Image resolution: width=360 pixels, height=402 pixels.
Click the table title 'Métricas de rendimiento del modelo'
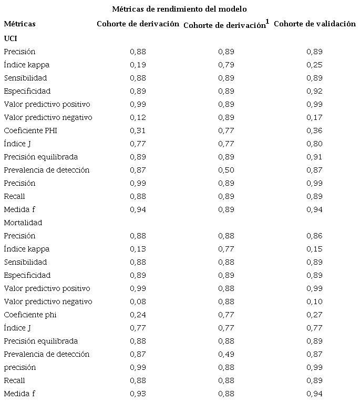coord(180,9)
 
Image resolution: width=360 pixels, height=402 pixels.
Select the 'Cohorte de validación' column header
coord(315,24)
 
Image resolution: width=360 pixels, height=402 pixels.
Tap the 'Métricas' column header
coord(20,24)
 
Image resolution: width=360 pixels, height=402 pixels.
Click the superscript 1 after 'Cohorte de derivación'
coord(268,22)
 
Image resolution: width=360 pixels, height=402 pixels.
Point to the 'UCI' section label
coord(11,38)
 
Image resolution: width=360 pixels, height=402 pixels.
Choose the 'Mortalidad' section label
coord(23,223)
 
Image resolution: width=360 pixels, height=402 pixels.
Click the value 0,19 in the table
coord(138,65)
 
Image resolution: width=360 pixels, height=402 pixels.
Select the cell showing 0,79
coord(226,65)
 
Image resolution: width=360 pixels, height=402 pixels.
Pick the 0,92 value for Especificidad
coord(314,91)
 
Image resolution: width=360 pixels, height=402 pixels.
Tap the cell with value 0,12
coord(138,117)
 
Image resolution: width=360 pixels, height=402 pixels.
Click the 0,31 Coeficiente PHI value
coord(138,130)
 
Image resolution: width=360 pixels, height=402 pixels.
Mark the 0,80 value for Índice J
coord(314,144)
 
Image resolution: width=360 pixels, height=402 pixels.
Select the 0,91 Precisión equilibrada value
coord(314,157)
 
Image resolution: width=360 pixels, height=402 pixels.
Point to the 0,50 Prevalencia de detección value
coord(226,170)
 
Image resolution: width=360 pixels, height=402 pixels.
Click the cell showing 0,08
coord(138,301)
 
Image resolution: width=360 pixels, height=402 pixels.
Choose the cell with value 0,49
coord(226,354)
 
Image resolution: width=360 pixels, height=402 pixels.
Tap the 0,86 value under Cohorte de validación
coord(314,236)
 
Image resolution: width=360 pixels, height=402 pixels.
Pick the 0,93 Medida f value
coord(138,394)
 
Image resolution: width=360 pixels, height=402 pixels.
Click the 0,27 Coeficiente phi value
coord(314,315)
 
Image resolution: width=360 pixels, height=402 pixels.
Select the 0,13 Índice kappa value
coord(138,249)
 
